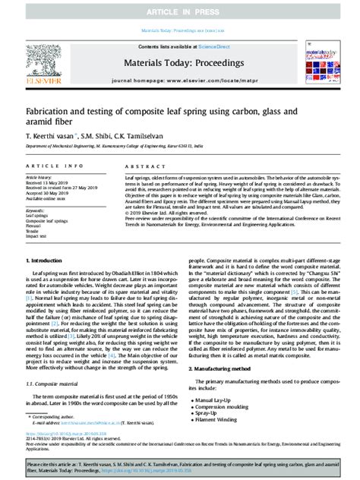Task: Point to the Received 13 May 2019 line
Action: (53, 183)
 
